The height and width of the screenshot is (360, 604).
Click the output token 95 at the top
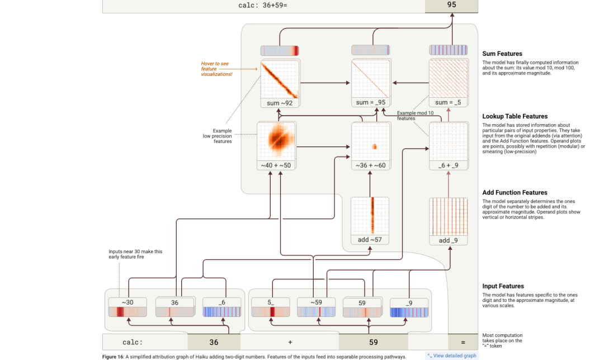coord(451,5)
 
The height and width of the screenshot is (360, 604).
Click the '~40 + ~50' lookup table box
coord(276,146)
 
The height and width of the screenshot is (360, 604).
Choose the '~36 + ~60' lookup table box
coord(370,146)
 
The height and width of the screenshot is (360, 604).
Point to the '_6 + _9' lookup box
coord(448,146)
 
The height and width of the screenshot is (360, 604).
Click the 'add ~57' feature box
coord(370,221)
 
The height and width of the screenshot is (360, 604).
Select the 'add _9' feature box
coord(448,221)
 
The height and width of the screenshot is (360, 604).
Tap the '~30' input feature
coord(128,307)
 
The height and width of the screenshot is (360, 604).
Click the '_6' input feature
coord(222,307)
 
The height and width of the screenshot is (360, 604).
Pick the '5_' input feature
coord(270,307)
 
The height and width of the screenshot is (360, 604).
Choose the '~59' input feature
coord(316,307)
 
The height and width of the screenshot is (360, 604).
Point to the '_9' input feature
coord(409,307)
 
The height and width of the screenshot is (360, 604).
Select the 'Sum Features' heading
coord(502,54)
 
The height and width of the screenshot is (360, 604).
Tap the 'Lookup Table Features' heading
coord(515,116)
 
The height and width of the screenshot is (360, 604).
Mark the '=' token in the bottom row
coord(463,342)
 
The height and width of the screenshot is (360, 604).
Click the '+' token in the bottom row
coord(290,342)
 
